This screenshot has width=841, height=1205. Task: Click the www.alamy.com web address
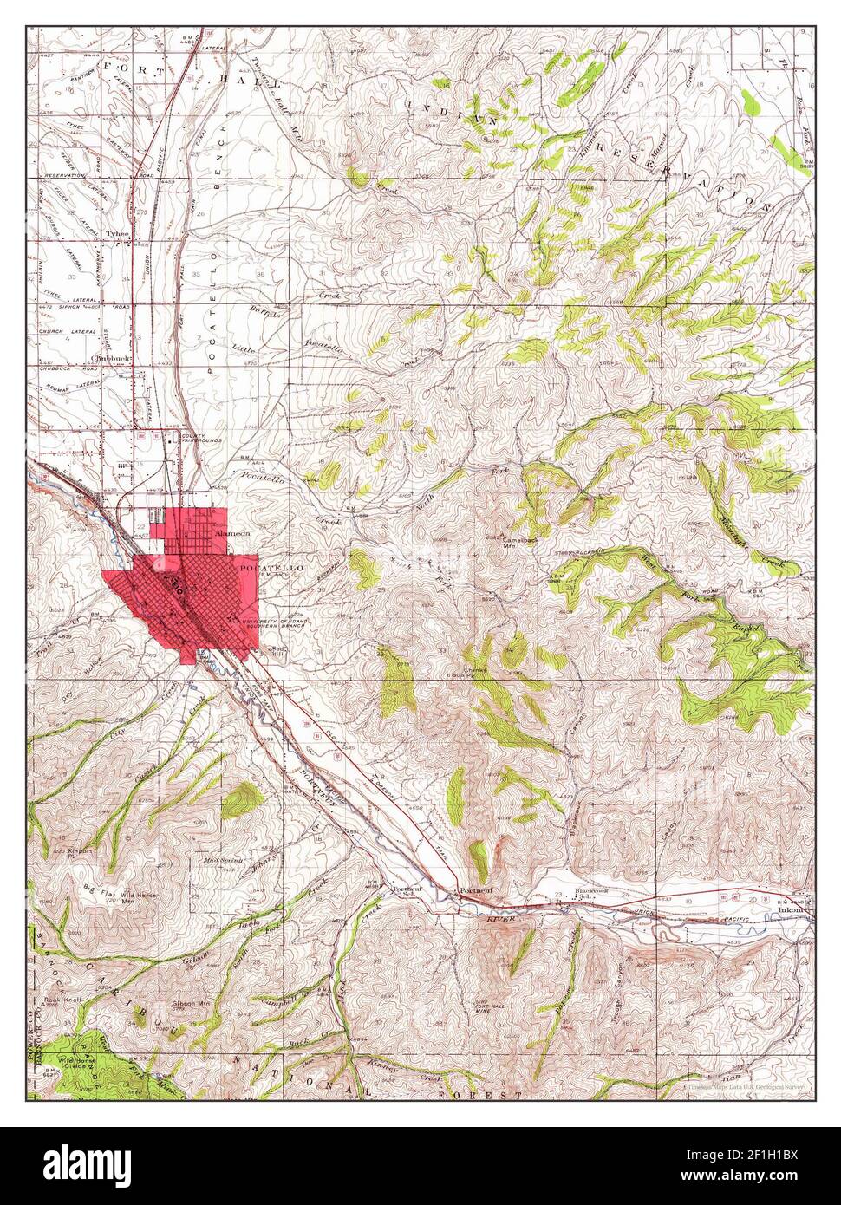coord(757,1177)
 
